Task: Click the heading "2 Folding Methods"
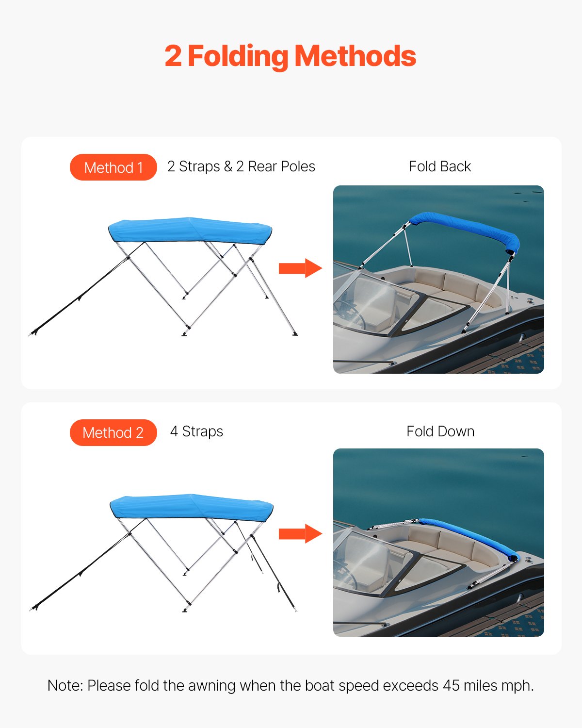pyautogui.click(x=290, y=56)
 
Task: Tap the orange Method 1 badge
pyautogui.click(x=113, y=167)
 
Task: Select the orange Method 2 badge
pyautogui.click(x=113, y=432)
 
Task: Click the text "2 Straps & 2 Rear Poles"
pyautogui.click(x=241, y=166)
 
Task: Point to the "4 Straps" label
pyautogui.click(x=196, y=431)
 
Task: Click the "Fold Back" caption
pyautogui.click(x=439, y=166)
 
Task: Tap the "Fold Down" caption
pyautogui.click(x=440, y=431)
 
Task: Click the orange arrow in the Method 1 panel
pyautogui.click(x=300, y=268)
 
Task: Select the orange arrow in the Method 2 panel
pyautogui.click(x=300, y=534)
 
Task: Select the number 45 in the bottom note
pyautogui.click(x=451, y=686)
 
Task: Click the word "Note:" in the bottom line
pyautogui.click(x=65, y=686)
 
